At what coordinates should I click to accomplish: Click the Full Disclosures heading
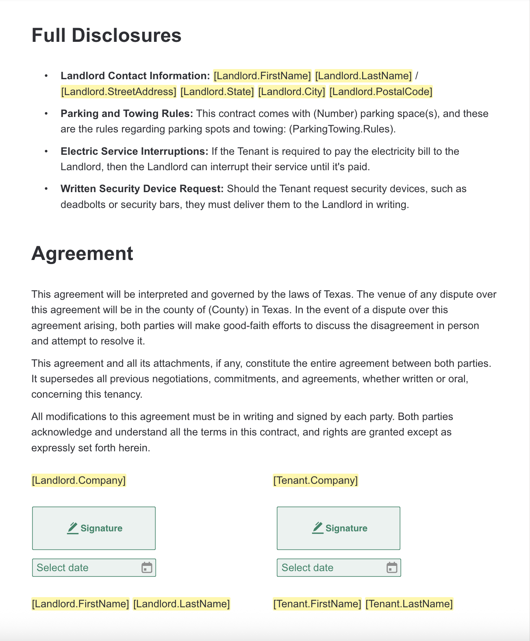[106, 35]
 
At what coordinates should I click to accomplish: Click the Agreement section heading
[82, 253]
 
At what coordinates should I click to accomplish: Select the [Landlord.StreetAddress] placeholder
[119, 92]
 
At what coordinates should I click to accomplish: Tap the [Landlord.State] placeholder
[217, 92]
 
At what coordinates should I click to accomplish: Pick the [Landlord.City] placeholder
[291, 92]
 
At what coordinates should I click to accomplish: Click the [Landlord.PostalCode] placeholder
[380, 92]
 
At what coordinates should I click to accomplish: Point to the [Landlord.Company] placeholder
[79, 481]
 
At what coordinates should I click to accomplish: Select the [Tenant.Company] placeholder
[315, 481]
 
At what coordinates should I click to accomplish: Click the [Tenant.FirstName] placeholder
[317, 604]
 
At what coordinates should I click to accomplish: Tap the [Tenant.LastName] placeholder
[409, 604]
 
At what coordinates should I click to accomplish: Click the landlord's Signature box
[94, 528]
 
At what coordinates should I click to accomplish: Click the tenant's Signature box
[339, 528]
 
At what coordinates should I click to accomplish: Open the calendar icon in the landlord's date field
[147, 567]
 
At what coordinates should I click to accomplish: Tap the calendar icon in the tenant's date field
[391, 567]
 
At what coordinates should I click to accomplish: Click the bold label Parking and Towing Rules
[127, 114]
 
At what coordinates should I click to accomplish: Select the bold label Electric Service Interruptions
[134, 152]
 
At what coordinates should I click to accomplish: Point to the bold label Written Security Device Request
[142, 189]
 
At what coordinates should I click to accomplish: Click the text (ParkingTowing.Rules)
[342, 129]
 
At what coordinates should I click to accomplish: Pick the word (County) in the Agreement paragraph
[228, 310]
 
